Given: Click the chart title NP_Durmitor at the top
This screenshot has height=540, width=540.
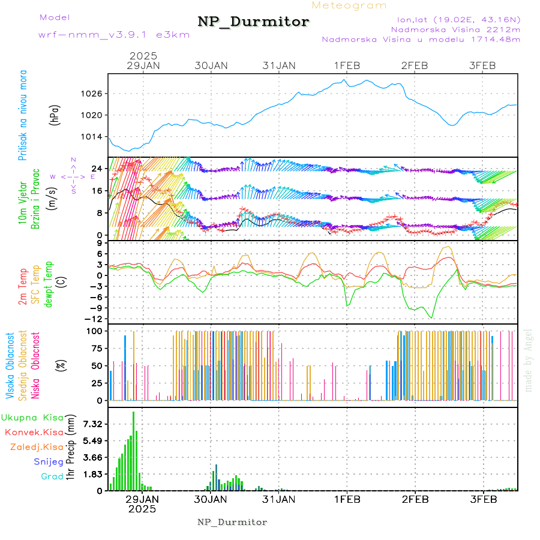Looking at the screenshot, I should (x=253, y=22).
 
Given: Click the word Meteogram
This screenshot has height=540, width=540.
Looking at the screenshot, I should (x=349, y=5).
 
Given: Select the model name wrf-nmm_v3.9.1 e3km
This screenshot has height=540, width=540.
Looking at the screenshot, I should (x=114, y=34).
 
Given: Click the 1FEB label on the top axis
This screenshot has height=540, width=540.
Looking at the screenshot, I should (x=347, y=65).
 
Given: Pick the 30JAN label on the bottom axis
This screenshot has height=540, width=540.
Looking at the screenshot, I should (x=211, y=499).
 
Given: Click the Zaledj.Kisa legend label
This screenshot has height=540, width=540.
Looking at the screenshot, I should (x=37, y=446).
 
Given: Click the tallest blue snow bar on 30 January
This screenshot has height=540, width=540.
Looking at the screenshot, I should (x=216, y=476).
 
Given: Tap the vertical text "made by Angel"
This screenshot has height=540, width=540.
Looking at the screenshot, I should (x=529, y=360).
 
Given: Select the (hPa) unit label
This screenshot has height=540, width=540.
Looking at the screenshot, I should (x=55, y=115).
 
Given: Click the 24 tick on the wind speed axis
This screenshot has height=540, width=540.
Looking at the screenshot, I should (x=96, y=169).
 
